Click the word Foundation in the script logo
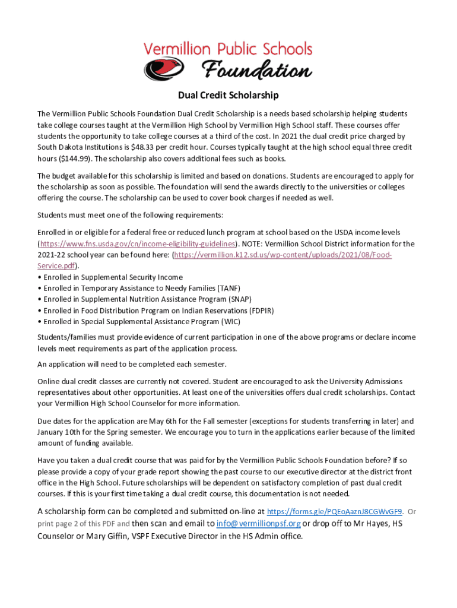point(257,71)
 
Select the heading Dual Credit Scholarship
point(228,95)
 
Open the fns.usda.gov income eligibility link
point(138,243)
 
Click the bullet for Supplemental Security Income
point(39,277)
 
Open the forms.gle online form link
point(335,511)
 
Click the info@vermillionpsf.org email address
point(259,523)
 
